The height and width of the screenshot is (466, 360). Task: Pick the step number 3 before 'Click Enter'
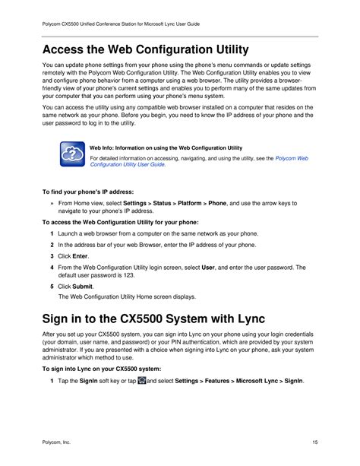[x=51, y=257]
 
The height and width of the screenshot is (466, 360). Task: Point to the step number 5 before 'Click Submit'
[x=51, y=286]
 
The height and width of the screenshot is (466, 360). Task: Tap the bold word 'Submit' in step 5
[x=82, y=286]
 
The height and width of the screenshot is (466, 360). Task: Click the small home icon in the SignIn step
[x=141, y=379]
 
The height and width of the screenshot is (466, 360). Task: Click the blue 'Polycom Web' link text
[x=291, y=158]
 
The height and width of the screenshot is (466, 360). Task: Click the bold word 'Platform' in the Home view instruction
[x=189, y=204]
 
